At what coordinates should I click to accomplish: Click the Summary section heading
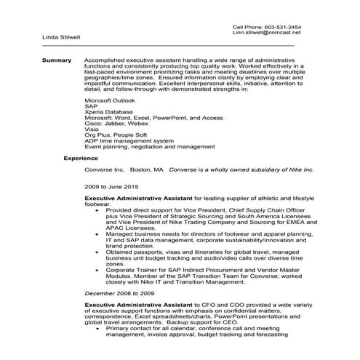(56, 59)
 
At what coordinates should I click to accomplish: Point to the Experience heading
(80, 157)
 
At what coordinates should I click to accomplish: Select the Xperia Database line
(109, 111)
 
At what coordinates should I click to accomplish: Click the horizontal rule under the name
(167, 45)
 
